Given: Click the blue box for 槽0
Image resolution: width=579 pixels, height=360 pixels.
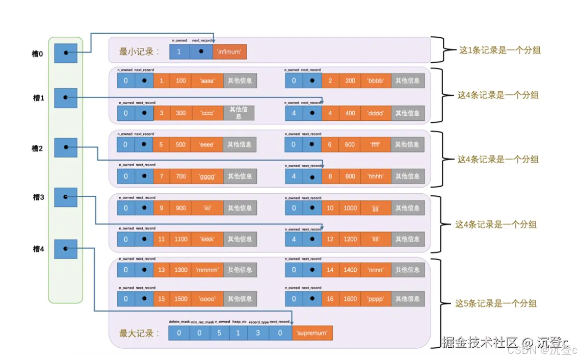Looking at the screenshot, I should coord(65,53).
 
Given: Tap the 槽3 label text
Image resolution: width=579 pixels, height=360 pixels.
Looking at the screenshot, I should coord(38,197).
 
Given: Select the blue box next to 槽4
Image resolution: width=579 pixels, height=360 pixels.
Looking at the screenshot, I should coord(65,249).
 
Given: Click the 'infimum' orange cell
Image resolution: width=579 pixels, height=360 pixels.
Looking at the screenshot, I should coord(230,52).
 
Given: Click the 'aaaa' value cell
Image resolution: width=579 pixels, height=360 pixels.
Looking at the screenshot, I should coord(207,81).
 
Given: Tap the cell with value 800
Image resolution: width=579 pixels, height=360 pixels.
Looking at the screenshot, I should coord(350,176).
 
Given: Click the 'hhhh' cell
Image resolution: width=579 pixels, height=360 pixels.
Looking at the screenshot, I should coord(375,176).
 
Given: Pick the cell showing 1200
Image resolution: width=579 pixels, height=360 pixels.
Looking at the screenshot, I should coord(350,239).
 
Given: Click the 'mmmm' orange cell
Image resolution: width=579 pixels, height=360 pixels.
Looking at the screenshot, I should coord(207,270).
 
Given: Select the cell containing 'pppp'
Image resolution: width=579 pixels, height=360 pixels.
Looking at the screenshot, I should coord(375,299).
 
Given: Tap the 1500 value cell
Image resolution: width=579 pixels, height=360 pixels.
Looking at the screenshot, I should coord(181,299).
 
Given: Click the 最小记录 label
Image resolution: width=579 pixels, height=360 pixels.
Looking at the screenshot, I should coord(139,52).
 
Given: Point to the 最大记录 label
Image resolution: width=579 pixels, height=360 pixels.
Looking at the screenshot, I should coord(139,333).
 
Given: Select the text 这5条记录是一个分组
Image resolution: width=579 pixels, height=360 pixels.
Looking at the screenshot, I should coord(495,303).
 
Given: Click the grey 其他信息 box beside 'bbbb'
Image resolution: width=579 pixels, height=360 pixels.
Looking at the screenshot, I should coord(408,81).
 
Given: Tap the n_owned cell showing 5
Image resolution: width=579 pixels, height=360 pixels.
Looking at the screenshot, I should coord(218,333).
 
